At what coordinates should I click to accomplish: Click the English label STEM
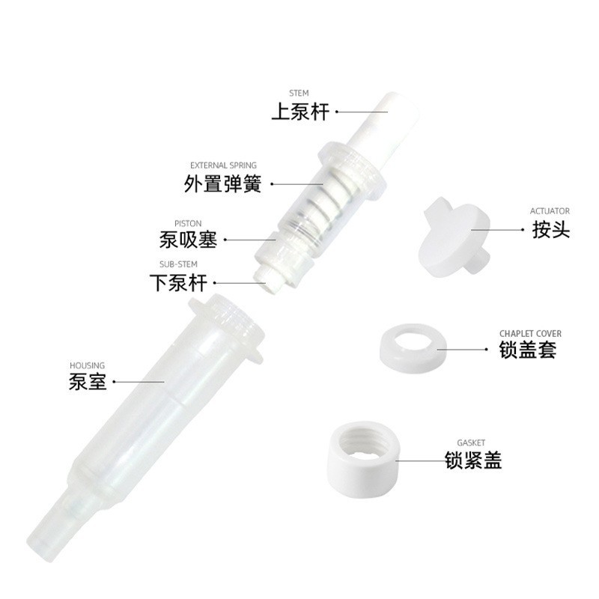point(299,94)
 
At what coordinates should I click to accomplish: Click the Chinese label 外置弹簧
point(223,183)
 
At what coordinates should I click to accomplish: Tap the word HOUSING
point(87,365)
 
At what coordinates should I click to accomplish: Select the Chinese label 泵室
point(88,383)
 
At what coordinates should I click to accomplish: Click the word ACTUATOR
point(550,211)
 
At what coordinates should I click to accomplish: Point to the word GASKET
point(472,443)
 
